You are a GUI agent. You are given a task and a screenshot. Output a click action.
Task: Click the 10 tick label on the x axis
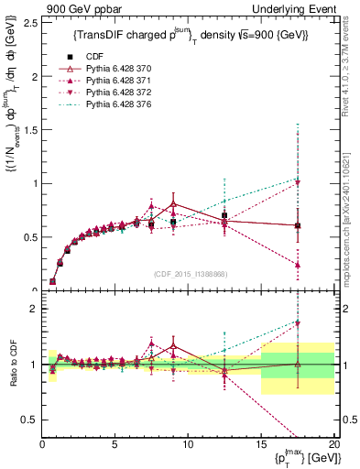point(187,443)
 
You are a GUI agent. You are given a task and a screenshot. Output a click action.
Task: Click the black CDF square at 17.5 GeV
point(297,225)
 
